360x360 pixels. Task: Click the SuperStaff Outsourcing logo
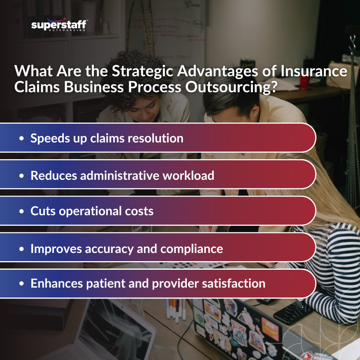[x=58, y=25]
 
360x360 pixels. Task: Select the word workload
[x=188, y=175]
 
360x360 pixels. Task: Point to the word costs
[x=139, y=211]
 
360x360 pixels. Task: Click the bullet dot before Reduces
[x=22, y=176]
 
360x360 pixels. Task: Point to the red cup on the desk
[x=305, y=82]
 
